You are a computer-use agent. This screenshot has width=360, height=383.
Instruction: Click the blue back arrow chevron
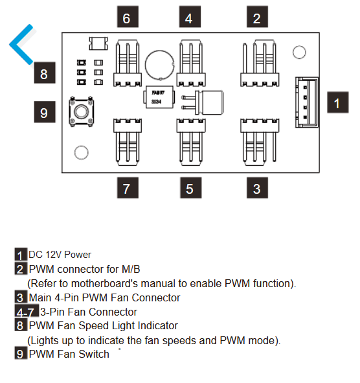click(15, 44)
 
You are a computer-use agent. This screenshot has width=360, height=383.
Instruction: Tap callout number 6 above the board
click(128, 17)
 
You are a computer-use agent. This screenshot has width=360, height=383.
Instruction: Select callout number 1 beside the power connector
click(338, 102)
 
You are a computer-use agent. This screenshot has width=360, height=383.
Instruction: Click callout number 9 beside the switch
click(45, 112)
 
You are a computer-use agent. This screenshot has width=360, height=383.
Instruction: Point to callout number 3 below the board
click(257, 188)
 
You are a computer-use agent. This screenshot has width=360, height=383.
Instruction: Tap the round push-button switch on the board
click(82, 111)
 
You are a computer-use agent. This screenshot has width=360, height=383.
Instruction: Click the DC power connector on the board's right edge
click(307, 102)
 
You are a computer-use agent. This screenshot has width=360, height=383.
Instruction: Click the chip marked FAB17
click(159, 97)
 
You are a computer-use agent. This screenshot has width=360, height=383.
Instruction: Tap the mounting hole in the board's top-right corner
click(299, 52)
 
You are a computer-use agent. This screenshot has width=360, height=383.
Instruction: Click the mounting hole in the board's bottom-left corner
click(82, 153)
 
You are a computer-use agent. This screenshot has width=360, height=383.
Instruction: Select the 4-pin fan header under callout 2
click(260, 64)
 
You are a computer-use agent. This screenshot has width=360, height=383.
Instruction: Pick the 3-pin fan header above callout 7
click(128, 143)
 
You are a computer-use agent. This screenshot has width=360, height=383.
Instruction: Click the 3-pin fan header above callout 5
click(191, 143)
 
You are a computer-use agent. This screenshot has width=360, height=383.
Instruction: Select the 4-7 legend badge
click(27, 311)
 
